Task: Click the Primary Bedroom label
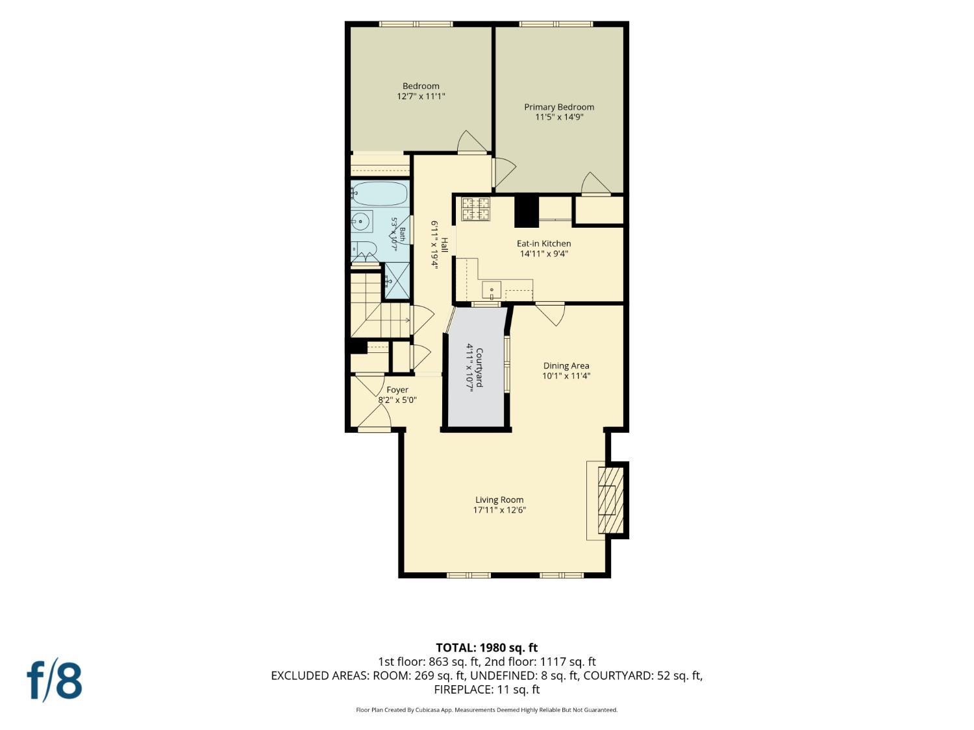(x=558, y=107)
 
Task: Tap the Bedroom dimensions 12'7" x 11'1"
(x=421, y=96)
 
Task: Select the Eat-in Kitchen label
(x=543, y=243)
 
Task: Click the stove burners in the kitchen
(x=476, y=209)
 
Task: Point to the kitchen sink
(x=492, y=289)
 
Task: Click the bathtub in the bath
(x=379, y=193)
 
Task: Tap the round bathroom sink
(x=362, y=221)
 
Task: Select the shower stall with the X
(x=397, y=280)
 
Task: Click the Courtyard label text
(x=479, y=367)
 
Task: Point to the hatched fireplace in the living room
(x=610, y=500)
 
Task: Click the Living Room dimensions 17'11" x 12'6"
(x=499, y=510)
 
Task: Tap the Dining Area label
(x=566, y=366)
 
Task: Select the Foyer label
(x=397, y=390)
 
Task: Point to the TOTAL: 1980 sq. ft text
(x=487, y=648)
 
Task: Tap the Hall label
(x=443, y=245)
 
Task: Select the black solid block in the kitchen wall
(x=526, y=212)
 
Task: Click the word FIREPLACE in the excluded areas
(x=462, y=690)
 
